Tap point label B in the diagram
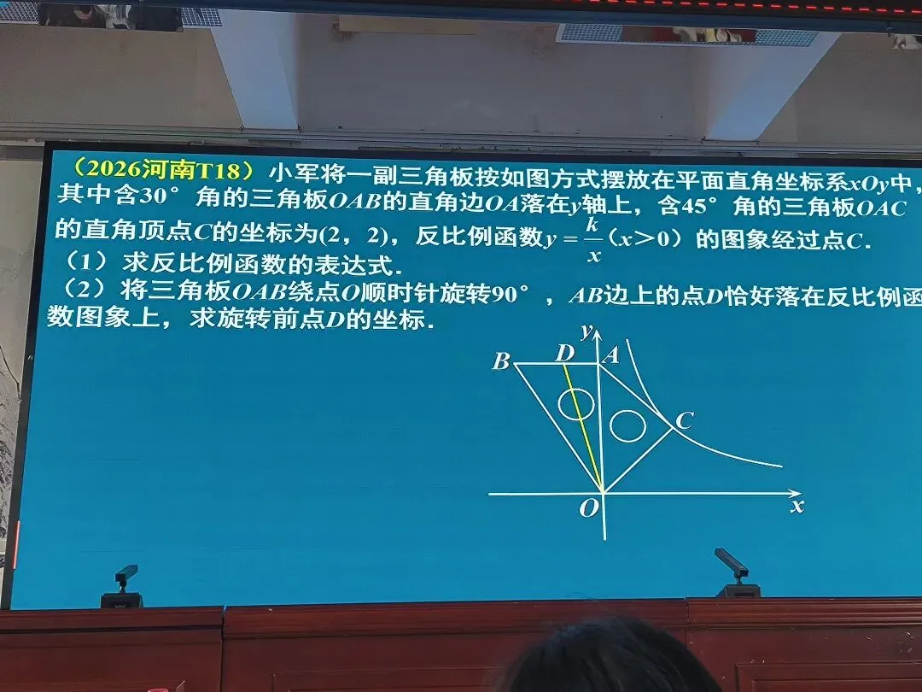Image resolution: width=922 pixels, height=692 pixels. click(501, 361)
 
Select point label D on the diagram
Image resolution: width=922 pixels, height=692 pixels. click(564, 353)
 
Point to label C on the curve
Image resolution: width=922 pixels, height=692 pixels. click(683, 420)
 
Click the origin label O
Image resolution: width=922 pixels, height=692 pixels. click(589, 509)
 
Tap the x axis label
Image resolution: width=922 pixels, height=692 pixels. click(797, 506)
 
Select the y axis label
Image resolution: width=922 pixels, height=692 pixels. click(586, 330)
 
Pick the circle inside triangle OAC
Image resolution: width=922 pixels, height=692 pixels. click(627, 425)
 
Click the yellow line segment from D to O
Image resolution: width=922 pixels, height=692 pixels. click(583, 427)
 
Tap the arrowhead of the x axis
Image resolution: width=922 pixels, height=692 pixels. click(796, 494)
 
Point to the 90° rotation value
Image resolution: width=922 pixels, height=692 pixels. click(510, 295)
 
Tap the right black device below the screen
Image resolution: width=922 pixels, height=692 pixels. click(735, 573)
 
